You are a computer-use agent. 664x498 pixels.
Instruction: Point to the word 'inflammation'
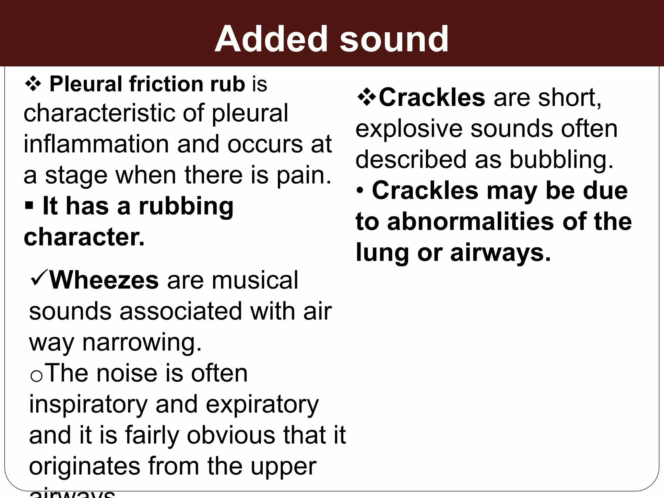tap(96, 144)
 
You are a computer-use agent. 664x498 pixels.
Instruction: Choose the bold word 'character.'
tap(84, 237)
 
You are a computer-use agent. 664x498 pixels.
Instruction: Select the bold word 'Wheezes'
tap(104, 280)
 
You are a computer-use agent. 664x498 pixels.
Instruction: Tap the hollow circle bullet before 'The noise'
tap(36, 376)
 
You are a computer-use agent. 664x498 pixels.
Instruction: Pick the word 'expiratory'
tap(262, 405)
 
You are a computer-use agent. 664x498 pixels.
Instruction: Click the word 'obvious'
tap(231, 435)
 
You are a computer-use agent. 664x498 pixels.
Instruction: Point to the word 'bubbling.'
tap(562, 160)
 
